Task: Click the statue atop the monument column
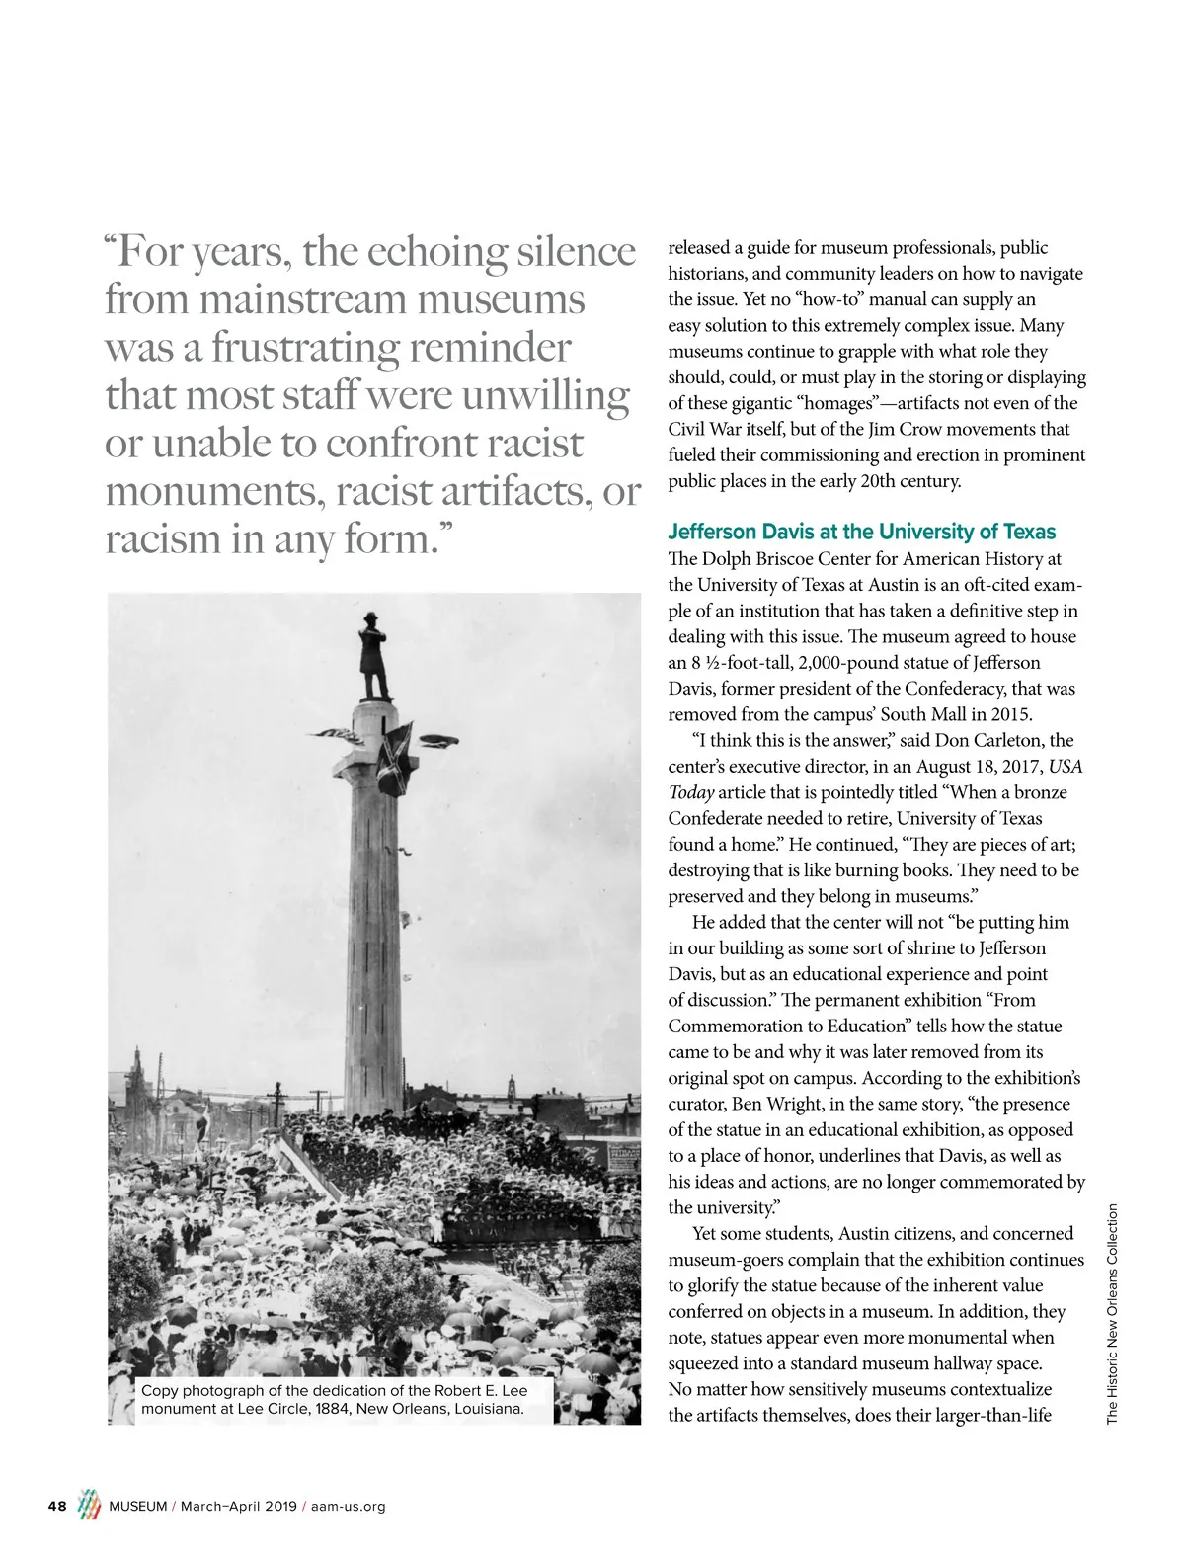[x=374, y=656]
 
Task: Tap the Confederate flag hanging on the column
[x=394, y=758]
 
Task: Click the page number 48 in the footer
[x=57, y=1507]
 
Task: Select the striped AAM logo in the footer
[x=89, y=1506]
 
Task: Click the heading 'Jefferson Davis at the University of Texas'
[x=861, y=532]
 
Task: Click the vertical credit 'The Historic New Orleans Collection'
[x=1112, y=1313]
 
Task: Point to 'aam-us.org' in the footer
[x=348, y=1507]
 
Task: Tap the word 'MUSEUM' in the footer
[x=138, y=1507]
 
